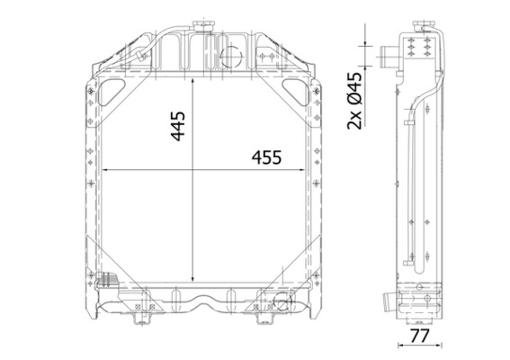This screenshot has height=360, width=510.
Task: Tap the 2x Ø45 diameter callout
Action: (353, 100)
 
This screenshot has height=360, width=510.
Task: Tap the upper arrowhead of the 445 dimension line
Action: (192, 80)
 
